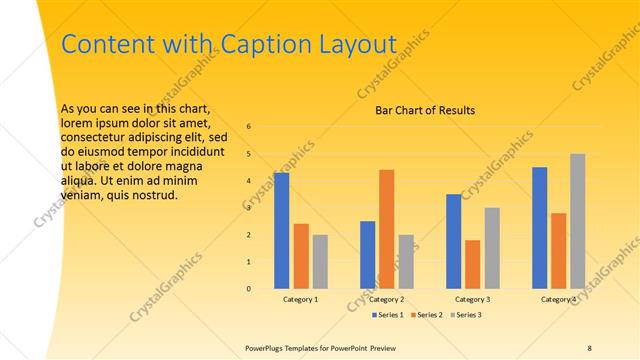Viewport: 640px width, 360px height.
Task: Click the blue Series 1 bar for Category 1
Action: [x=281, y=230]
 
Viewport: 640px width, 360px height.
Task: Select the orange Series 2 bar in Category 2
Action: [x=387, y=229]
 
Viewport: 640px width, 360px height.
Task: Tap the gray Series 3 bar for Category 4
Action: [x=578, y=221]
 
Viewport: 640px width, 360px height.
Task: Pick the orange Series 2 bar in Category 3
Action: [x=473, y=264]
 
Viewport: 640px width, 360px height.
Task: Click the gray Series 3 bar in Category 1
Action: [x=320, y=261]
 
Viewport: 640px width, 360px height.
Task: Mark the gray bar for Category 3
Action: [x=492, y=248]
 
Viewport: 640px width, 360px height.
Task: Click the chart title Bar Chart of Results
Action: [x=425, y=110]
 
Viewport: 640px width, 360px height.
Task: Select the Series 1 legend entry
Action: [x=388, y=315]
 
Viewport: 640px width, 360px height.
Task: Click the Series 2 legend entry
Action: [x=426, y=315]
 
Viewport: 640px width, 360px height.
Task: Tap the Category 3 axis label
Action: [x=473, y=299]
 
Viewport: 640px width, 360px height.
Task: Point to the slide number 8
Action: [x=589, y=347]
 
